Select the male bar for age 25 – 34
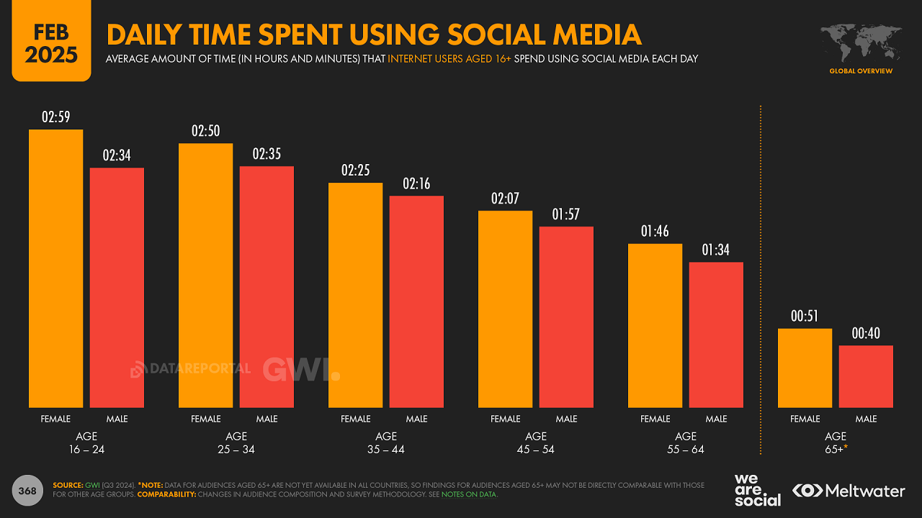(x=267, y=287)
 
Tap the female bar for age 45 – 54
(x=506, y=309)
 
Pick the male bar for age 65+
(x=866, y=376)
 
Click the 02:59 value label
(x=56, y=117)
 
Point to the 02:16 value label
(x=416, y=183)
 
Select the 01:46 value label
(x=655, y=232)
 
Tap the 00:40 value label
(x=866, y=334)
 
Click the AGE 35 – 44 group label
(x=386, y=442)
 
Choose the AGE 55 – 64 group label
(x=686, y=442)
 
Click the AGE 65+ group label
(x=835, y=442)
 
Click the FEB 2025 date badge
(x=51, y=42)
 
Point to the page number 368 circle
(x=27, y=491)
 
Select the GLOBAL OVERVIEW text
(x=861, y=71)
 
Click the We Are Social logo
(x=757, y=490)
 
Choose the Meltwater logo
(x=849, y=491)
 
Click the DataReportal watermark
(x=190, y=369)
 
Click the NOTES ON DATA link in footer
(x=473, y=494)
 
